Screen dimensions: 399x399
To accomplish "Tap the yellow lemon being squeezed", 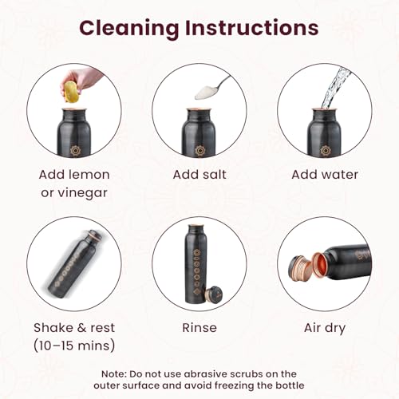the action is click(70, 92).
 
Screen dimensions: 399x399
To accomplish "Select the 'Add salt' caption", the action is click(199, 175).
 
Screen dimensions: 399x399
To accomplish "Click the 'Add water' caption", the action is click(325, 175).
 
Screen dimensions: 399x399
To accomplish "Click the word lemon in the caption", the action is click(89, 175).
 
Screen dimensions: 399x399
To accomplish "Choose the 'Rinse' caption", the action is click(199, 328).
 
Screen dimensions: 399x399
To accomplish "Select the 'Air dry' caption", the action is click(325, 328).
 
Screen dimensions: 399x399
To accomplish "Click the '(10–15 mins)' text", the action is click(74, 346).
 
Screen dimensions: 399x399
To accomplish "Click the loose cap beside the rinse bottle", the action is click(214, 294).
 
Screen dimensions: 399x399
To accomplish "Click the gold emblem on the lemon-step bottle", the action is click(75, 151).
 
